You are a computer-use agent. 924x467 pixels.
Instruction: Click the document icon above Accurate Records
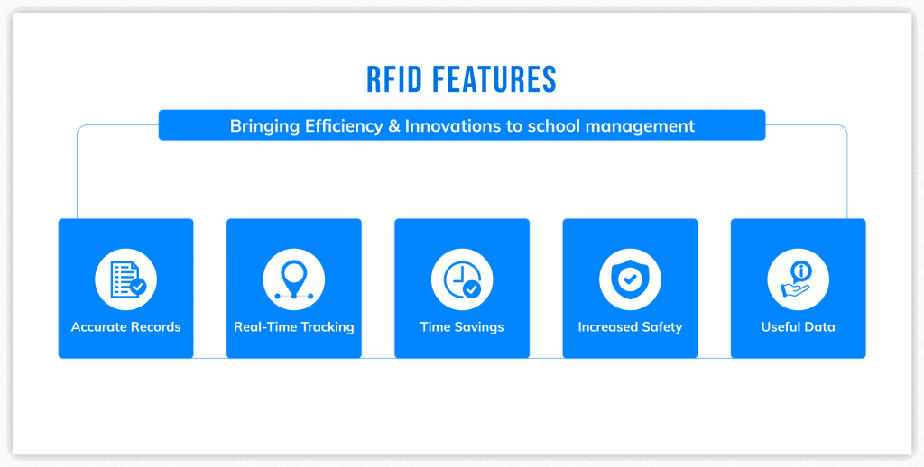(x=126, y=279)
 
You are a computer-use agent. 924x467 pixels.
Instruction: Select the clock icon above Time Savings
(x=462, y=279)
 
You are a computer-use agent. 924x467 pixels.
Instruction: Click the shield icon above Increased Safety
(x=630, y=279)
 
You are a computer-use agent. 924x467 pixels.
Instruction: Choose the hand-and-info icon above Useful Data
(x=798, y=279)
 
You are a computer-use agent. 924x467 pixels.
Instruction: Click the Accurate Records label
(x=126, y=327)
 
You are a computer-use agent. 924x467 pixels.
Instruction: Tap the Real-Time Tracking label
(x=294, y=327)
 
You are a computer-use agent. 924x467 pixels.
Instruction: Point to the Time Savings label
(x=462, y=327)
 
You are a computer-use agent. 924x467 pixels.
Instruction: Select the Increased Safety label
(x=630, y=327)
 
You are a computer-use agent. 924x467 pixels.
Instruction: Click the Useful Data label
(x=798, y=327)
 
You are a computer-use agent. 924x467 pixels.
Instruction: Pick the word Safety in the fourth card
(x=661, y=327)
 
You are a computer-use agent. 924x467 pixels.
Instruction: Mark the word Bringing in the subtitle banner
(x=261, y=126)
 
